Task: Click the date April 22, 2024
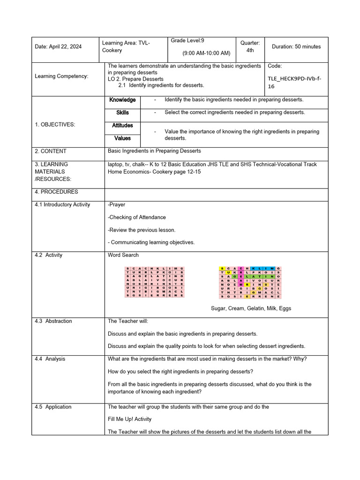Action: tap(58, 47)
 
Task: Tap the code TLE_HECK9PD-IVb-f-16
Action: tap(295, 83)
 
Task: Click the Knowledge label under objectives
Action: tap(122, 100)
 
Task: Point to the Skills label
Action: tap(122, 112)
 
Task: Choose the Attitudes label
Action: tap(122, 126)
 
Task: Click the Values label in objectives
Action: tap(122, 138)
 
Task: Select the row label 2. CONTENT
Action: tap(51, 151)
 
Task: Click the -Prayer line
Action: tap(117, 205)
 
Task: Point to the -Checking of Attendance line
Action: tap(136, 217)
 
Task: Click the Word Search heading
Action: tap(123, 255)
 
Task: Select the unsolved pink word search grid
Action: tap(155, 282)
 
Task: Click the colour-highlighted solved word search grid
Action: tap(250, 282)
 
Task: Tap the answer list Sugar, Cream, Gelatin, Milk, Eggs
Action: tap(251, 308)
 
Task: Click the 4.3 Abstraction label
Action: tap(53, 322)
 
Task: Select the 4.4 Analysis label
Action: tap(50, 359)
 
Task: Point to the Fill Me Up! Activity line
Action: tap(130, 419)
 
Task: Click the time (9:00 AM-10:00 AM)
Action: tap(206, 53)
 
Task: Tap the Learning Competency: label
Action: tap(61, 76)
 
